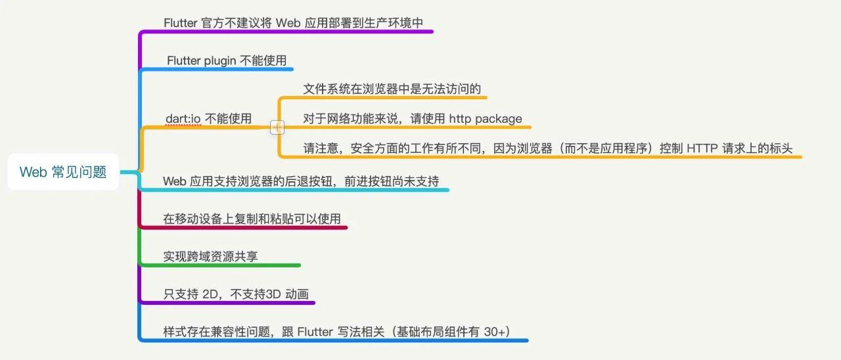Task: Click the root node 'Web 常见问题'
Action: point(63,172)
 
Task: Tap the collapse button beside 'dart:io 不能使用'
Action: point(277,127)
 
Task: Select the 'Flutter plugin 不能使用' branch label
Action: point(227,60)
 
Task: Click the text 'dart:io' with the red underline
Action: point(183,118)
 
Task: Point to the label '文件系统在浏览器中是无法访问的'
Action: point(392,89)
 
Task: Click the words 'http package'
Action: point(486,119)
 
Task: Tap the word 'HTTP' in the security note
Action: point(702,148)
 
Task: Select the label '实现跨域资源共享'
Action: point(210,256)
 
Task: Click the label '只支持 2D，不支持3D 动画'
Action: point(236,294)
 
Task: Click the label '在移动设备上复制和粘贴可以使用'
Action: point(252,219)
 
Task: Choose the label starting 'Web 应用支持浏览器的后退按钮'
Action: point(300,181)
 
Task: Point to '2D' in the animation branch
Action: point(210,294)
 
